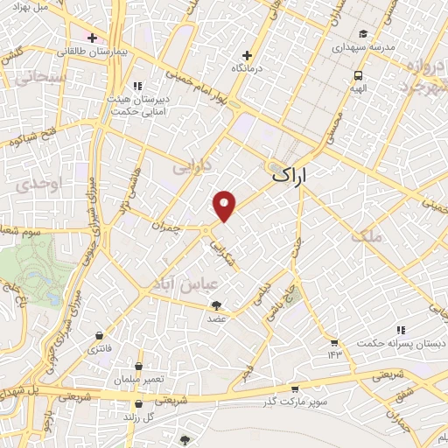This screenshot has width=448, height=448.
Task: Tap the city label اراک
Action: (290, 174)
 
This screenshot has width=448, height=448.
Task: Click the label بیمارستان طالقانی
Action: (93, 52)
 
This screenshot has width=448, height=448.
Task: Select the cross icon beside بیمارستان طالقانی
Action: (92, 38)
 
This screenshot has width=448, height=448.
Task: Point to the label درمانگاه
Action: (248, 67)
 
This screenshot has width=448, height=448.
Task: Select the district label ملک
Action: (366, 234)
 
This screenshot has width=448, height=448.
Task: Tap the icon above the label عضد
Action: (216, 305)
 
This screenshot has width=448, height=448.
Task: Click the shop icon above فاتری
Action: (100, 336)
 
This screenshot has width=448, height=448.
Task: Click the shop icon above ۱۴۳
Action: (333, 342)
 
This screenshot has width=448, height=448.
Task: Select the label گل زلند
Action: (139, 418)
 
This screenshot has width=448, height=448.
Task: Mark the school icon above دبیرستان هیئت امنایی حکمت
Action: (137, 86)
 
